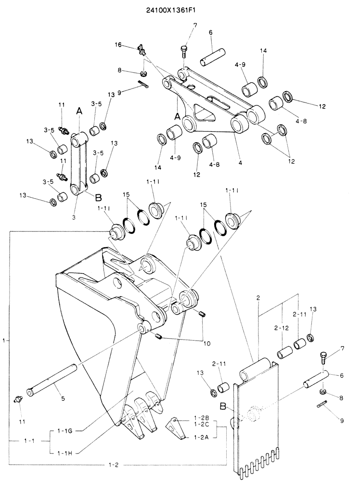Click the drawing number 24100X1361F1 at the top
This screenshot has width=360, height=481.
coord(171,10)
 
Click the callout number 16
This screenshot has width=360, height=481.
coord(118,45)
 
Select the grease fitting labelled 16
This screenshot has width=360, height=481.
coord(142,50)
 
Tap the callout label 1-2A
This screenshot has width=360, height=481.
coord(201,437)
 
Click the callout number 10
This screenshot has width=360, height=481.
coord(206,343)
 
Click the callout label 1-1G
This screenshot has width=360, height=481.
coord(64,430)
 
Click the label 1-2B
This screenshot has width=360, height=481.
coord(201,418)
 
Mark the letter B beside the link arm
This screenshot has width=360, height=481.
coord(98,197)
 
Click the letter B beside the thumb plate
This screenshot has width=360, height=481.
coord(223,407)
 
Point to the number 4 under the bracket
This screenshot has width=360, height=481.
coord(240,163)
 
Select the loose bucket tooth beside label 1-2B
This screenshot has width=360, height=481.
coord(176,427)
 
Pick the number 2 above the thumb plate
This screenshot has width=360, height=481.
coord(258,298)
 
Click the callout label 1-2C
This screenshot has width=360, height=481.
coord(201,424)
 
